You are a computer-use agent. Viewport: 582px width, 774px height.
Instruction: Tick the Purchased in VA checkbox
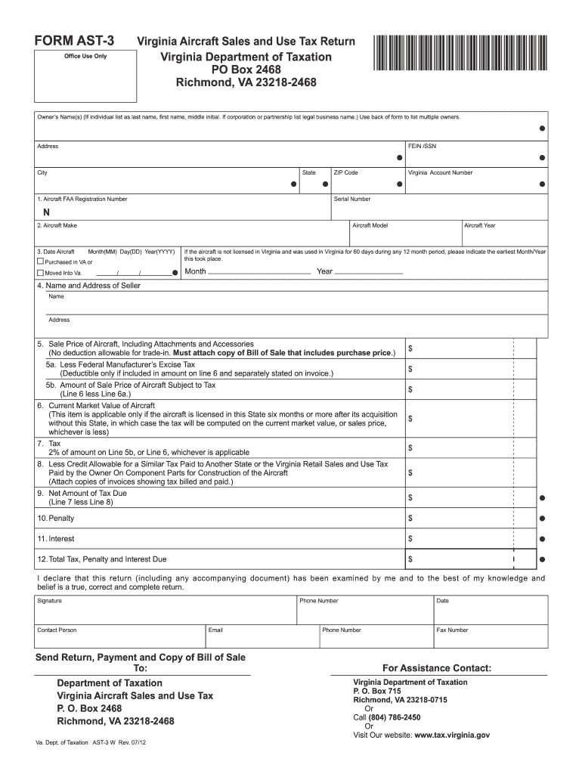pyautogui.click(x=41, y=262)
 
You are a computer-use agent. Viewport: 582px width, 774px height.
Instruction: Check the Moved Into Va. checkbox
pyautogui.click(x=41, y=272)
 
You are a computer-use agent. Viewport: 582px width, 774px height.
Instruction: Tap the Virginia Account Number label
pyautogui.click(x=440, y=172)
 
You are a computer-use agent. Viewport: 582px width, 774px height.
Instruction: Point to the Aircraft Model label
pyautogui.click(x=370, y=225)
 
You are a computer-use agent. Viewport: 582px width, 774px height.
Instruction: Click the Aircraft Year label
pyautogui.click(x=479, y=225)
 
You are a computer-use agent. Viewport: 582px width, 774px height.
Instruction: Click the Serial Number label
pyautogui.click(x=352, y=199)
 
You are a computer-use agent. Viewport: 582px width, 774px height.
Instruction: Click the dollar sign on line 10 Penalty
pyautogui.click(x=410, y=519)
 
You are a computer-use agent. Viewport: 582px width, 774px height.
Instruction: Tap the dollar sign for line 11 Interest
pyautogui.click(x=410, y=539)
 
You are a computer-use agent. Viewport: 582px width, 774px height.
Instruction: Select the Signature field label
pyautogui.click(x=50, y=601)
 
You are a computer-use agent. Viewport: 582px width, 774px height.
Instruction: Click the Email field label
pyautogui.click(x=216, y=630)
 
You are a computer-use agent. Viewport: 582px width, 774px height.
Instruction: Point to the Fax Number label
pyautogui.click(x=452, y=630)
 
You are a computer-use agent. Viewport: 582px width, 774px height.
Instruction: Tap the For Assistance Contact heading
pyautogui.click(x=437, y=668)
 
